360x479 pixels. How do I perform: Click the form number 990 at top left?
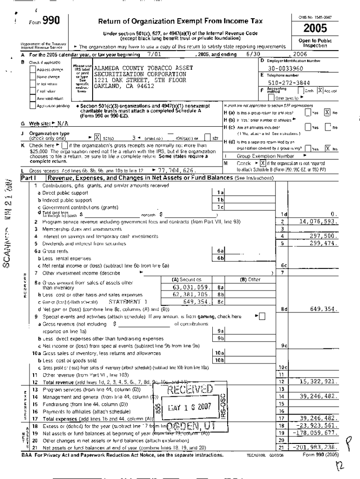(x=50, y=20)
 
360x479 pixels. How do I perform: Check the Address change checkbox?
(x=32, y=69)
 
